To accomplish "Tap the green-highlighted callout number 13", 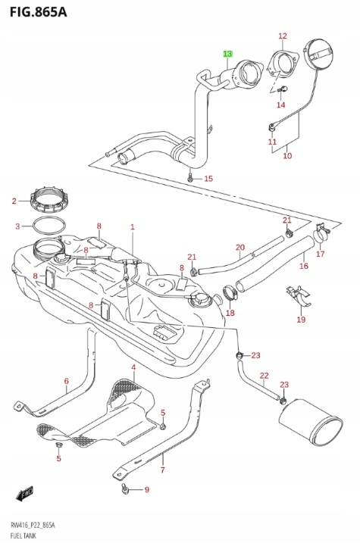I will (x=227, y=54).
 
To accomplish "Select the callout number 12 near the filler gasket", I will (x=283, y=36).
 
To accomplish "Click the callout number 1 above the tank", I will (x=132, y=226).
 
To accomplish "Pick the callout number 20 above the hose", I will (x=239, y=248).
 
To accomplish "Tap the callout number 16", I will (x=303, y=266).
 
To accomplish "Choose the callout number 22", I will (x=264, y=376).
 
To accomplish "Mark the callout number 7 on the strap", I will (x=162, y=470).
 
